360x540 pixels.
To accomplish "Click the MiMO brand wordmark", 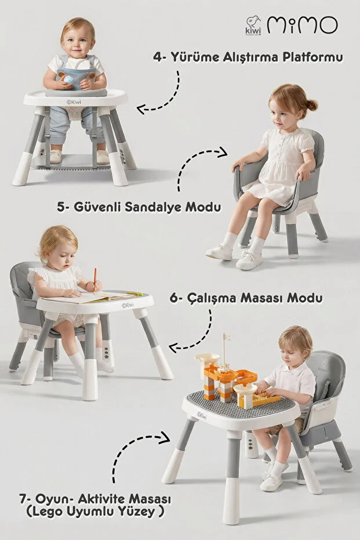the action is (x=302, y=25).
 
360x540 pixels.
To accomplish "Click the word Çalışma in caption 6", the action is (x=212, y=298).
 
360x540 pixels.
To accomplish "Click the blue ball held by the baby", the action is (x=68, y=79).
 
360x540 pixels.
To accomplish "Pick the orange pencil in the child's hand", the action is (x=94, y=279).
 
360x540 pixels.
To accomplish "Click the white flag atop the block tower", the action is (x=227, y=336).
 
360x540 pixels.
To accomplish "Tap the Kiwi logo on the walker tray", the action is (x=74, y=102).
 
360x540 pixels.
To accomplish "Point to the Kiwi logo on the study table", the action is (x=128, y=305).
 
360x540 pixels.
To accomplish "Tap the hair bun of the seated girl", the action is (x=311, y=104).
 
